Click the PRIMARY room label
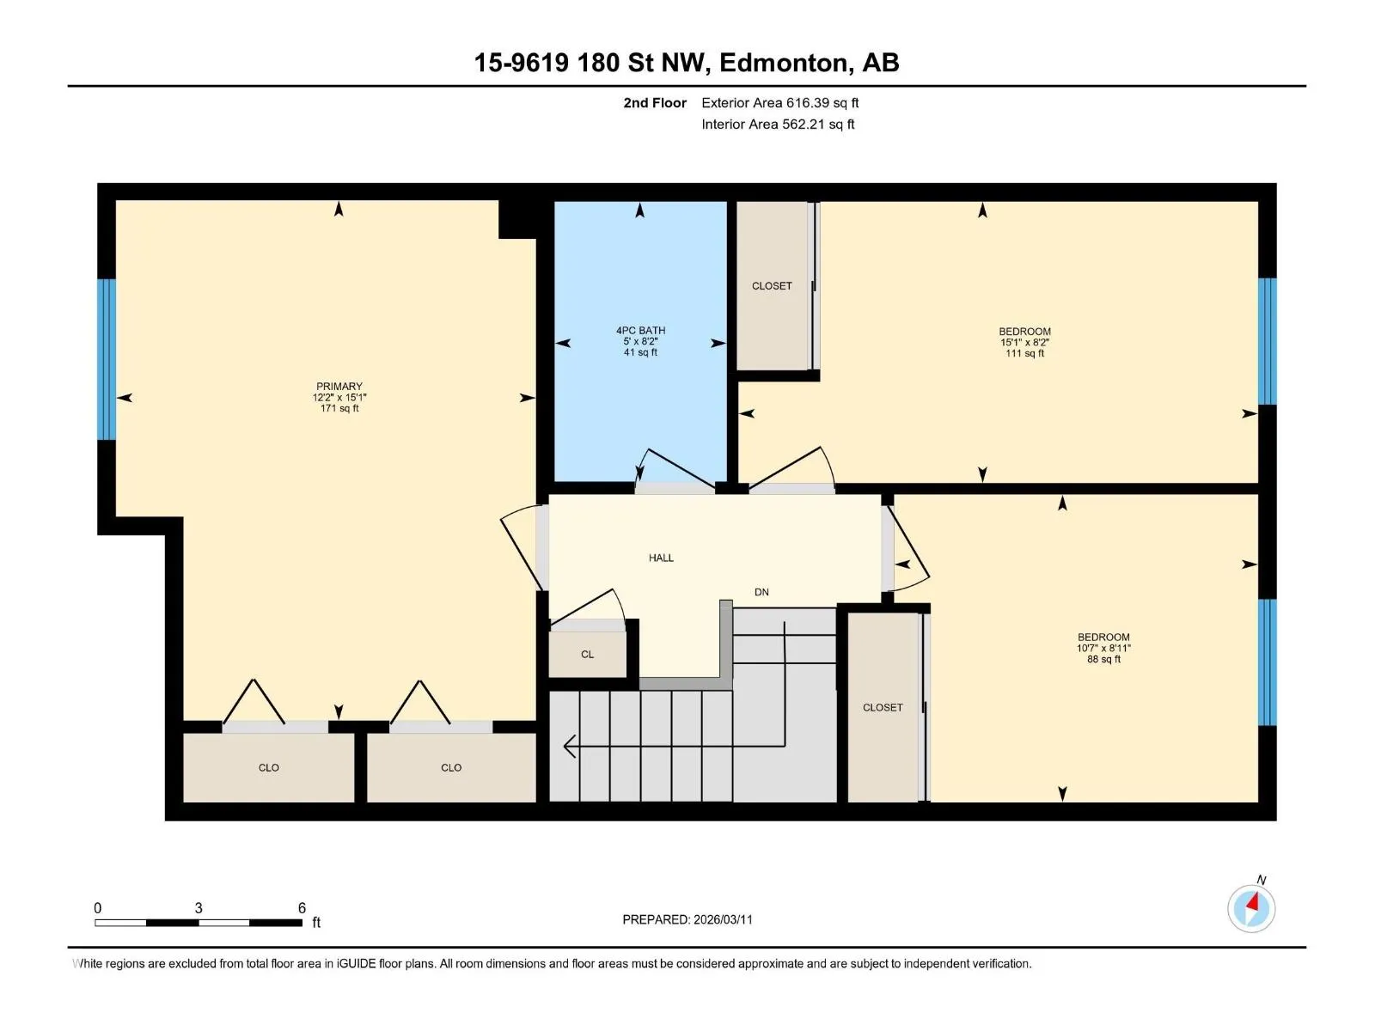339,387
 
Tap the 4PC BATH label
640,331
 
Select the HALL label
661,558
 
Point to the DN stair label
761,592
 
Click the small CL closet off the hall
587,654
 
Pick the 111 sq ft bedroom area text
1025,353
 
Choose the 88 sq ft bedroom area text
1103,659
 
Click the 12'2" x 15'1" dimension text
339,398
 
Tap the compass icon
1251,908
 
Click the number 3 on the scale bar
199,907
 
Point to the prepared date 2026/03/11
722,919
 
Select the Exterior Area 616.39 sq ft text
780,102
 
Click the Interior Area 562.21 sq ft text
778,124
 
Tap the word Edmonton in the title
784,63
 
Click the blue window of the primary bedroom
107,359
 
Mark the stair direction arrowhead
570,746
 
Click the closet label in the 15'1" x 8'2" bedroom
772,286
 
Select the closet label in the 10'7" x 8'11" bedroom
883,707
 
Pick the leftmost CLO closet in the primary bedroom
269,767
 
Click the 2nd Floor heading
655,102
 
